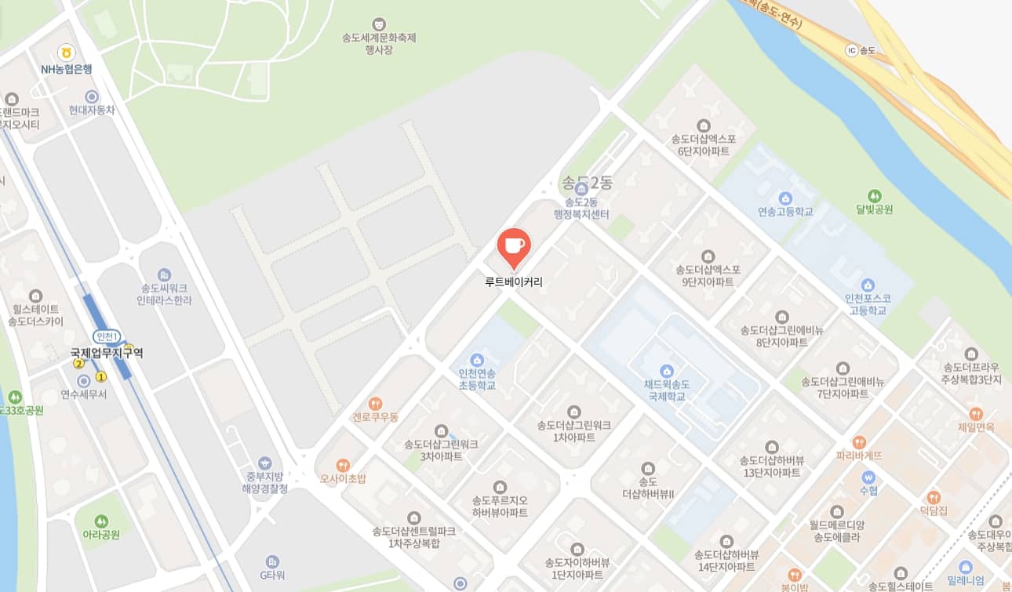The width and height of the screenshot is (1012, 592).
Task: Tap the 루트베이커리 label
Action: coord(514,281)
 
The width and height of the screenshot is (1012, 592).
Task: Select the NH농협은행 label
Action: coord(67,69)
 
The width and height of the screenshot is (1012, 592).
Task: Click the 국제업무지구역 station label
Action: coord(107,354)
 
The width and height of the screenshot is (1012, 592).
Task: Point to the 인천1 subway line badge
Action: coord(106,336)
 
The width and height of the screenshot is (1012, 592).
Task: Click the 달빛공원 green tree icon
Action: coord(875,195)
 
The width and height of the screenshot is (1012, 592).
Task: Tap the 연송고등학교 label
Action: coord(785,212)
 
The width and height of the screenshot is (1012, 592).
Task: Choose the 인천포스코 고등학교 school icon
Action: coord(868,285)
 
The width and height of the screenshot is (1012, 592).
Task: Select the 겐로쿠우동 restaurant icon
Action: coord(375,403)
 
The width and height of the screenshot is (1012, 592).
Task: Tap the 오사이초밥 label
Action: coord(343,478)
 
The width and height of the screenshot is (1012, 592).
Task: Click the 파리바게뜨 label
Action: coord(859,455)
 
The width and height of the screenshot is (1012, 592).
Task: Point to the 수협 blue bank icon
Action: coord(868,477)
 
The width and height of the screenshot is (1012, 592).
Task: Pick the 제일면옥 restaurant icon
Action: coord(976,413)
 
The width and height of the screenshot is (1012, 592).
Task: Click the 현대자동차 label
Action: coord(92,111)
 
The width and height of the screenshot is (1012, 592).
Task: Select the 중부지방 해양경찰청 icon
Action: coord(264,463)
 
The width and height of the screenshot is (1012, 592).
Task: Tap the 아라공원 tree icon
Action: coord(100,521)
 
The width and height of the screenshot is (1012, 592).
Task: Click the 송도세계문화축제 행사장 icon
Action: coord(379,24)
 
